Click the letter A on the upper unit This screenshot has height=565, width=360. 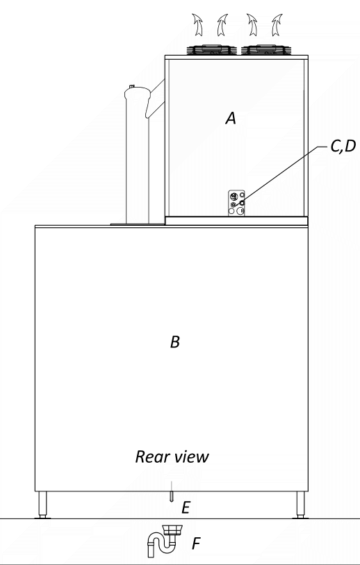click(231, 118)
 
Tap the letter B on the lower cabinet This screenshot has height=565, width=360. click(175, 342)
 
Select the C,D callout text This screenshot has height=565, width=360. click(343, 146)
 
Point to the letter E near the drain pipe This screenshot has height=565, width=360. click(186, 508)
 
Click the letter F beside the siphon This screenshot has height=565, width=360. click(197, 543)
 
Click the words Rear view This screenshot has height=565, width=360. click(172, 457)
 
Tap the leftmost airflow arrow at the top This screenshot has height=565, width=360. click(197, 24)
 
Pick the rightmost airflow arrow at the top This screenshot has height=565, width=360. click(277, 24)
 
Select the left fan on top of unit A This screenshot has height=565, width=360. click(211, 50)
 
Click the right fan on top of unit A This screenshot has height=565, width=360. click(266, 50)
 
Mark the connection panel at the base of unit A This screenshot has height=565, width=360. click(236, 203)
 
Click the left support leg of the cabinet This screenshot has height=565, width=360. click(42, 505)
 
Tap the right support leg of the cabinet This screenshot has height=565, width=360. click(300, 505)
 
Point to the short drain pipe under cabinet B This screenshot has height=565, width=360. click(172, 491)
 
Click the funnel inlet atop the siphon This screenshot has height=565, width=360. click(173, 530)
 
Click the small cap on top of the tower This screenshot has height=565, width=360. click(132, 86)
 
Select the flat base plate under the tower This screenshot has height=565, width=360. click(138, 224)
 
